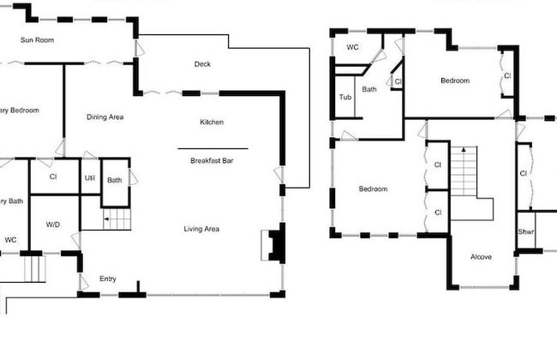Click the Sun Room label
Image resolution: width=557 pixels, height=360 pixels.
[x=39, y=39]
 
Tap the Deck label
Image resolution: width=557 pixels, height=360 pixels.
[x=202, y=64]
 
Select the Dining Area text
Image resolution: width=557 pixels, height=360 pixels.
[x=105, y=117]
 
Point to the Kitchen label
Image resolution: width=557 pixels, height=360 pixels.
[x=212, y=123]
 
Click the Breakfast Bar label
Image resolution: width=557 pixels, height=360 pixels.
[x=213, y=160]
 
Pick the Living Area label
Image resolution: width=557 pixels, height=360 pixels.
[x=201, y=229]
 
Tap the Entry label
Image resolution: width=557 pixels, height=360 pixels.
[x=108, y=279]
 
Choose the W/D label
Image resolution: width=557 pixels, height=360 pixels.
[x=53, y=225]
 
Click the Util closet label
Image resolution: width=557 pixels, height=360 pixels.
[x=89, y=178]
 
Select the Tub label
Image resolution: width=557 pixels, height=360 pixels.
[x=345, y=98]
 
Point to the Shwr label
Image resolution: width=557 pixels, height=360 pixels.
[x=526, y=232]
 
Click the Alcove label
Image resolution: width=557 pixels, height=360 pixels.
[x=481, y=256]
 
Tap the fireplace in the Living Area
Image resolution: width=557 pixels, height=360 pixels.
[x=274, y=244]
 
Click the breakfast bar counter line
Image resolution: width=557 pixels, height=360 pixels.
[x=213, y=149]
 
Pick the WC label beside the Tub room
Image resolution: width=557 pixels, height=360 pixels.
[x=352, y=48]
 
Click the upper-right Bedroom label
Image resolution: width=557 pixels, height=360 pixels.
[x=455, y=81]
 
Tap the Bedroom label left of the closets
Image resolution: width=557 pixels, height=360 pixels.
[x=373, y=189]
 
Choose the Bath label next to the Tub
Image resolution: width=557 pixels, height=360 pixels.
[x=369, y=89]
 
